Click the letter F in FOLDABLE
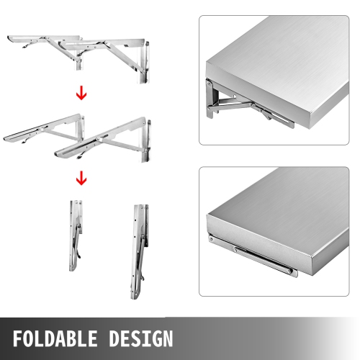coord(19,338)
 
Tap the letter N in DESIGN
coord(167,338)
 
